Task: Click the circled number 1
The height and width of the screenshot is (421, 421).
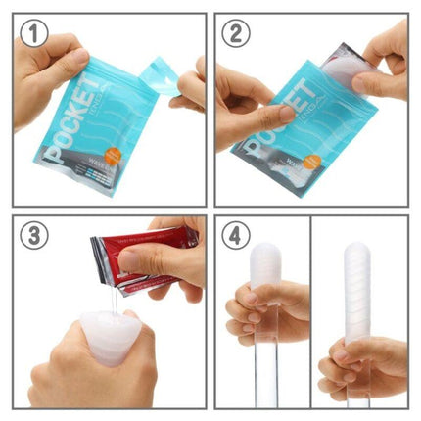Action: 35,35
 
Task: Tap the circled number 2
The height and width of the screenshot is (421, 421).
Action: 237,35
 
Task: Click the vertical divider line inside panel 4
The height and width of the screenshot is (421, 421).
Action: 311,313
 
